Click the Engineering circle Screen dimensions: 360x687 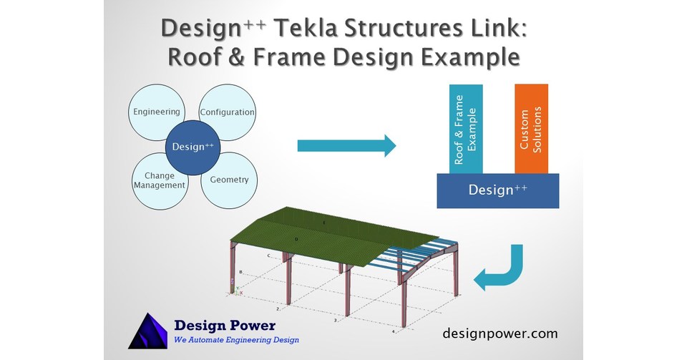pyautogui.click(x=157, y=112)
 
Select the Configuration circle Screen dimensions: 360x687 pyautogui.click(x=228, y=112)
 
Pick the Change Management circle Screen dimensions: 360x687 pyautogui.click(x=159, y=181)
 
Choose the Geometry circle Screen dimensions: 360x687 pyautogui.click(x=229, y=180)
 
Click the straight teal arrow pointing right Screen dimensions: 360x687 pyautogui.click(x=346, y=146)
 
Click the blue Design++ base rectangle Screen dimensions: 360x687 pyautogui.click(x=498, y=190)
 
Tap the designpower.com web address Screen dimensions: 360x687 pyautogui.click(x=500, y=334)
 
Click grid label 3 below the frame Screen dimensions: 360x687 pyautogui.click(x=335, y=321)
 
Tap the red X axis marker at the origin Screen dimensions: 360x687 pyautogui.click(x=240, y=293)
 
